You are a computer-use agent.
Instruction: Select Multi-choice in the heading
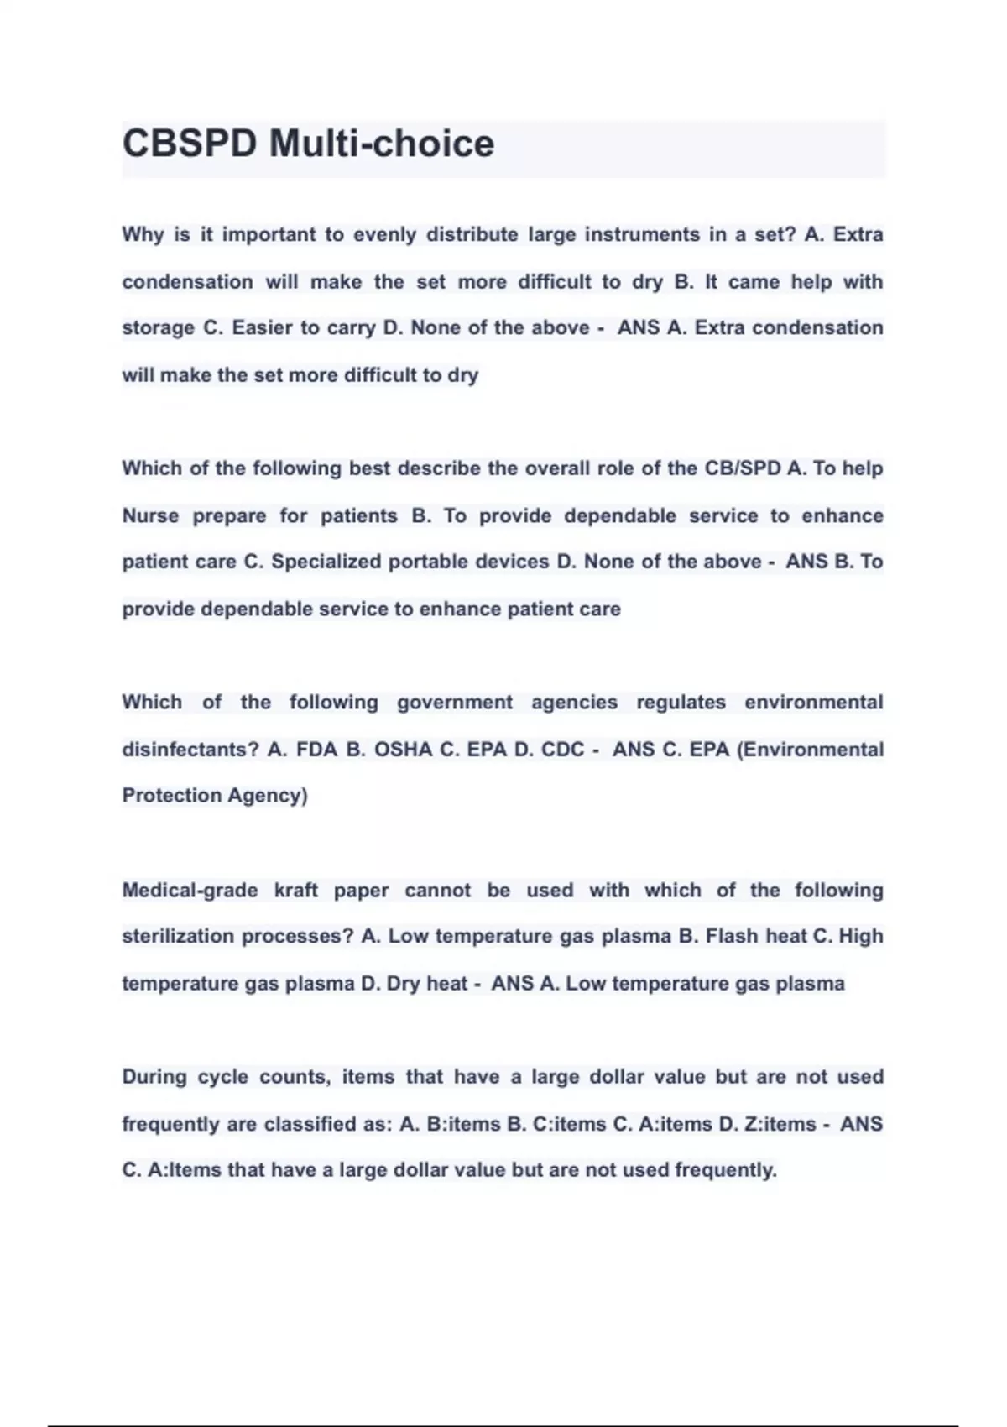click(382, 144)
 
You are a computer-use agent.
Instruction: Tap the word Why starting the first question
click(143, 235)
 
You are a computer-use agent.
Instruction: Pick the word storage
click(158, 328)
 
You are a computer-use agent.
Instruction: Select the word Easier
click(263, 328)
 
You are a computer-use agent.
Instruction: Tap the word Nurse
click(150, 515)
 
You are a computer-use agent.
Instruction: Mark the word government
click(454, 703)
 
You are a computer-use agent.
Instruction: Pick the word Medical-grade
click(190, 891)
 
